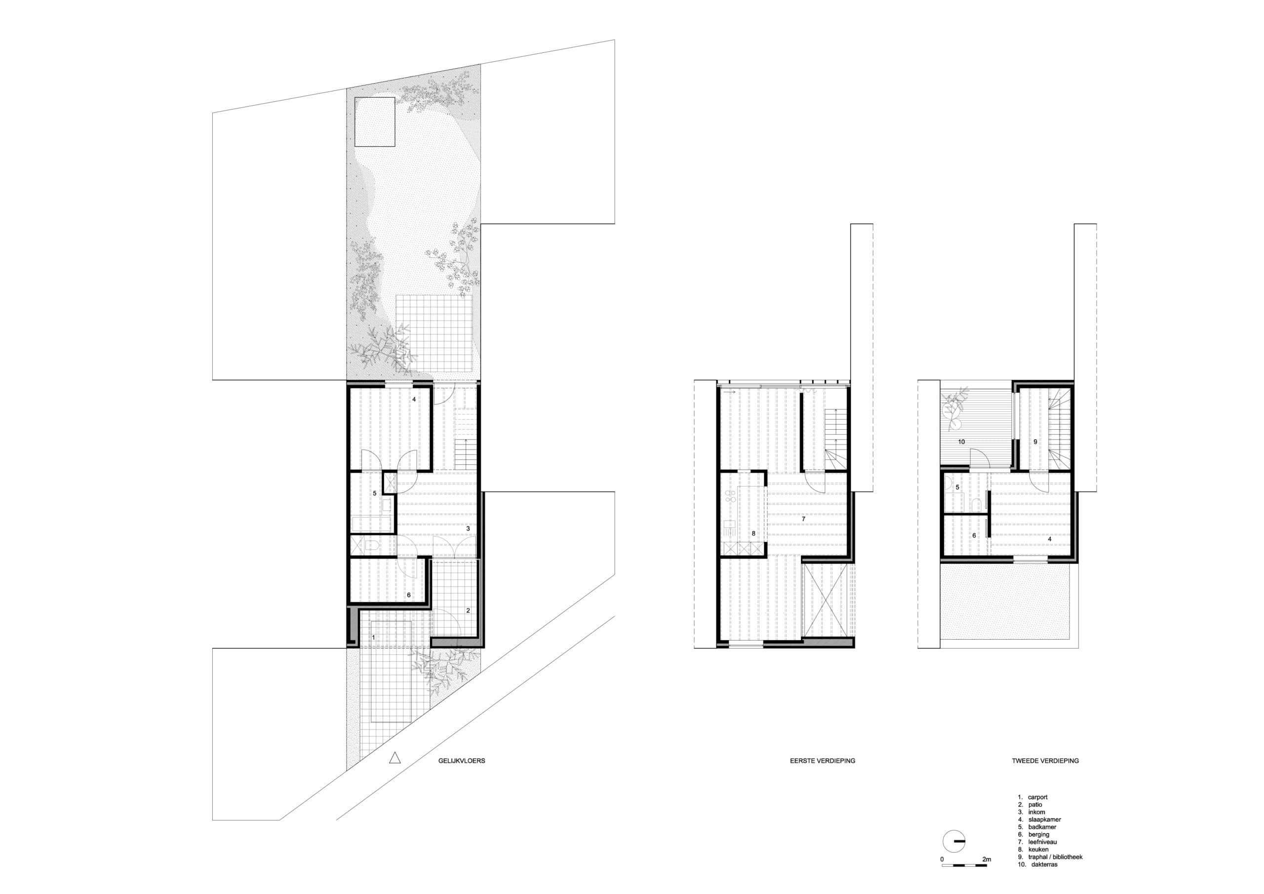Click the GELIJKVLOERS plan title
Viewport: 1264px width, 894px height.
458,761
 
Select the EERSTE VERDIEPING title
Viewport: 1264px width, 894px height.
823,761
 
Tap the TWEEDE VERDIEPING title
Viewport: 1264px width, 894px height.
1045,761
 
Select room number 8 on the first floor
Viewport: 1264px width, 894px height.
753,533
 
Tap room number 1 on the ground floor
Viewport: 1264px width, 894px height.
374,637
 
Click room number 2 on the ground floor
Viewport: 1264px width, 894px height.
468,610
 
